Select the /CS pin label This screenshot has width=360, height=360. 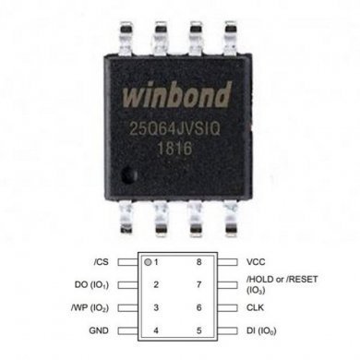pyautogui.click(x=102, y=261)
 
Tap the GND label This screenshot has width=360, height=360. pyautogui.click(x=101, y=329)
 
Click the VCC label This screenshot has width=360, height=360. pyautogui.click(x=257, y=261)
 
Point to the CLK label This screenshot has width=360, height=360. pyautogui.click(x=257, y=306)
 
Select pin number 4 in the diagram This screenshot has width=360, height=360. pyautogui.click(x=158, y=329)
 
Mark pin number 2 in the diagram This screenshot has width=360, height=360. pyautogui.click(x=158, y=284)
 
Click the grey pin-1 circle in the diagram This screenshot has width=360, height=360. pyautogui.click(x=148, y=261)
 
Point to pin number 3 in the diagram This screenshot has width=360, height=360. pyautogui.click(x=158, y=306)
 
